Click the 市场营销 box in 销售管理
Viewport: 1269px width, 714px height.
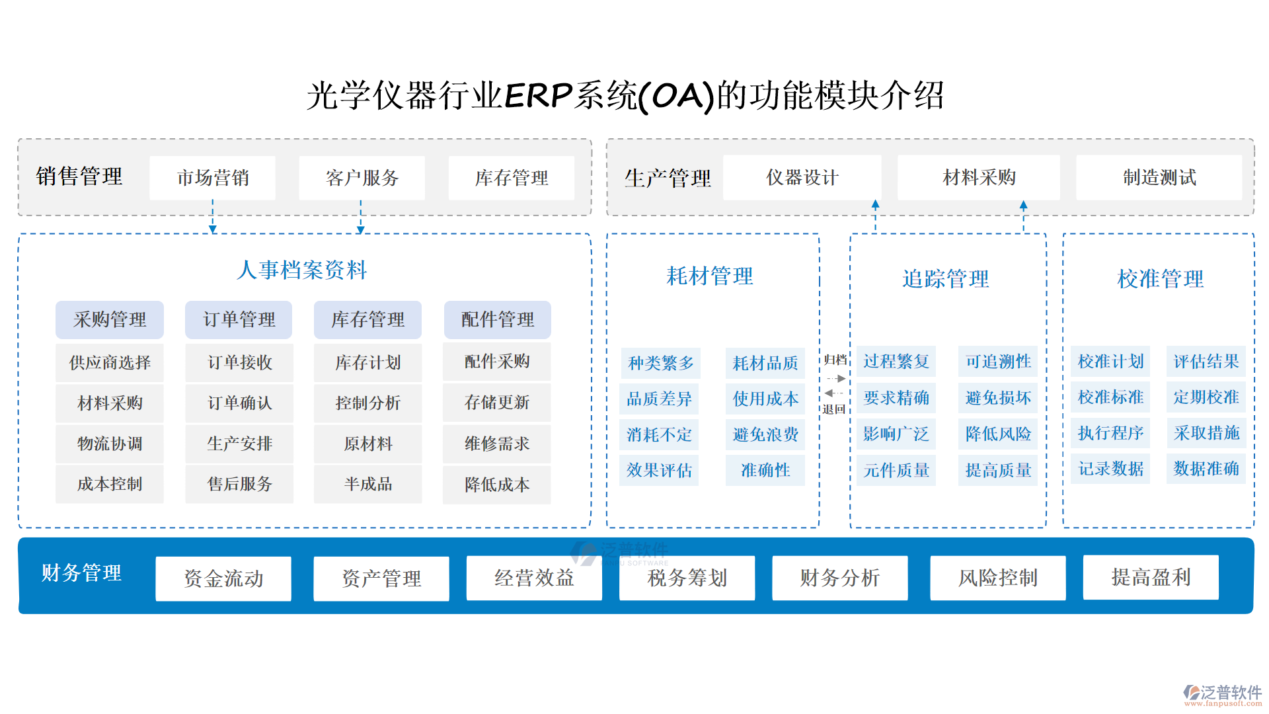[212, 178]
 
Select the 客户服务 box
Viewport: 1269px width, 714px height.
[362, 178]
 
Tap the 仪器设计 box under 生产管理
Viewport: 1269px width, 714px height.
[802, 177]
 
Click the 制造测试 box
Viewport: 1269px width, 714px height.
[1159, 177]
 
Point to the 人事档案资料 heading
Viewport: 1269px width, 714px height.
[302, 270]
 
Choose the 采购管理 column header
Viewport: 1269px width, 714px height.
[110, 320]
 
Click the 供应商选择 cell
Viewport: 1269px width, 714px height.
[110, 362]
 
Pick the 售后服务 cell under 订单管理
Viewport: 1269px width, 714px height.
[239, 484]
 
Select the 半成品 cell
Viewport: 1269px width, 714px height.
[368, 484]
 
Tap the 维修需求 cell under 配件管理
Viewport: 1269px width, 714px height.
[497, 444]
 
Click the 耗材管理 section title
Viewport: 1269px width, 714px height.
[709, 276]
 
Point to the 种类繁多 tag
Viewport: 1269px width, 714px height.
[660, 363]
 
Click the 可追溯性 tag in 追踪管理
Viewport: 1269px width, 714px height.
[998, 362]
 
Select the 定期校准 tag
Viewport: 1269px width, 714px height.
[1206, 397]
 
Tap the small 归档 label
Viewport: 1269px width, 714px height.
[835, 360]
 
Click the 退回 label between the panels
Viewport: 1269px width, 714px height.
[833, 409]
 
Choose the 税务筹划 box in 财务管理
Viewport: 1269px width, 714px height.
[687, 578]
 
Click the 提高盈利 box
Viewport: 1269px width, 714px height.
[1151, 577]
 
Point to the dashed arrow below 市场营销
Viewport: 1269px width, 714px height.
[213, 217]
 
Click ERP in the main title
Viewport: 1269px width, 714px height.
[538, 95]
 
